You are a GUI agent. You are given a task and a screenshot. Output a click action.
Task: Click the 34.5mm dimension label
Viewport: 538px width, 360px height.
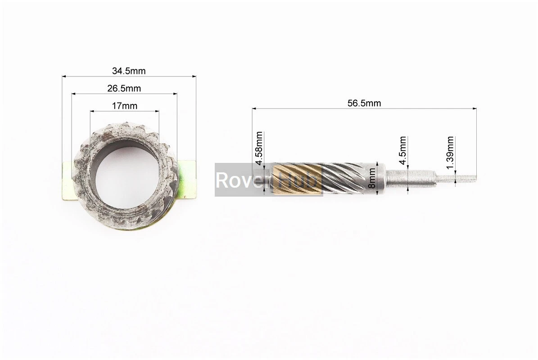pos(129,71)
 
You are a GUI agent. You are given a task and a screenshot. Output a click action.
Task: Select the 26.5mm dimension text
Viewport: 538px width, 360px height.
pos(124,89)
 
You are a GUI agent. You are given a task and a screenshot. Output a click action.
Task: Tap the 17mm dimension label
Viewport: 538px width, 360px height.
pos(125,106)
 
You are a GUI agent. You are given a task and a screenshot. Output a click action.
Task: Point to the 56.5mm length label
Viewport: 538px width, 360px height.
pos(364,103)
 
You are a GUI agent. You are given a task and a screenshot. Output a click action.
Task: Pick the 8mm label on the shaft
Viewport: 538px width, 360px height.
pos(371,178)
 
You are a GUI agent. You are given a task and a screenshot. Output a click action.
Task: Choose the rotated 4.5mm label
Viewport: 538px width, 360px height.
pos(403,146)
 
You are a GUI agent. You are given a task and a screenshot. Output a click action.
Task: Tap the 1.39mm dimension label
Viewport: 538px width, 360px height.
pos(450,152)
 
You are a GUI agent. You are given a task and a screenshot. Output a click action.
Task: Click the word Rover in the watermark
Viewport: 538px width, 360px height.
pos(240,180)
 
